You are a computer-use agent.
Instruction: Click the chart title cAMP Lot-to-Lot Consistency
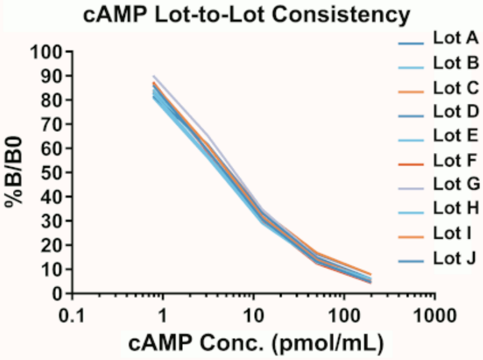pos(241,14)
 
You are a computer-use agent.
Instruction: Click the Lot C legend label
pos(454,88)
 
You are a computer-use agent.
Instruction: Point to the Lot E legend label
pos(454,136)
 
